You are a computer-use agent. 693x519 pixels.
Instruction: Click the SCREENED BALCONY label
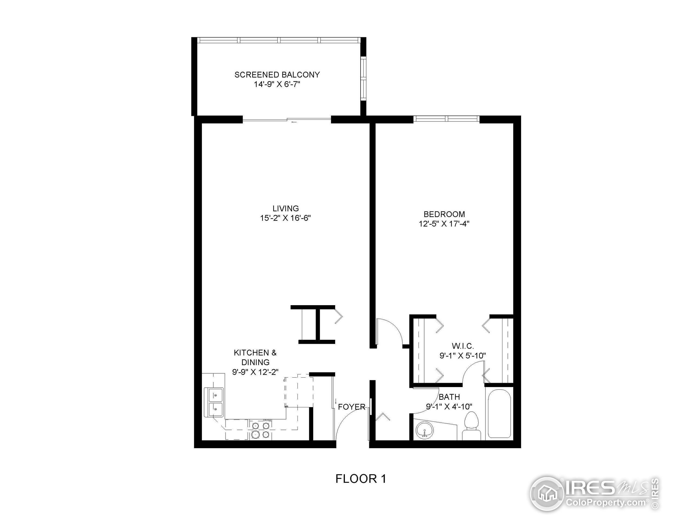point(277,75)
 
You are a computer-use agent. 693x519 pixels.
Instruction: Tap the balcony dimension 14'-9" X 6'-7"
point(277,84)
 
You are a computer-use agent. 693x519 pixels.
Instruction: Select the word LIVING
point(285,208)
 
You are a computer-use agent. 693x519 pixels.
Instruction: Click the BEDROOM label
point(444,214)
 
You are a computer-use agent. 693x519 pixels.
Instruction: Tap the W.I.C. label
point(462,346)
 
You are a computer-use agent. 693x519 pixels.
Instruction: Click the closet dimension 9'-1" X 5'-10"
point(462,356)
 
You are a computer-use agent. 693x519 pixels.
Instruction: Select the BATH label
point(449,397)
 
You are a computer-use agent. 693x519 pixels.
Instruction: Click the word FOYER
point(352,407)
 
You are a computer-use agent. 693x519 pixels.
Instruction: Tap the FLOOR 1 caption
point(361,479)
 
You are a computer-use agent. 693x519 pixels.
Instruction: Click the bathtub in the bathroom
point(499,414)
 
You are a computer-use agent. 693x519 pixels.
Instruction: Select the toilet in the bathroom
point(472,425)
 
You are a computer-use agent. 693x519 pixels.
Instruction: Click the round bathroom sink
point(424,430)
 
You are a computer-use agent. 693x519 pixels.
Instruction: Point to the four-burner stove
point(261,430)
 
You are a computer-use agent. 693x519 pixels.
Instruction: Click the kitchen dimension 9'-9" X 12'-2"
point(255,372)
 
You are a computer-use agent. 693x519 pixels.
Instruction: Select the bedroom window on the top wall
point(446,119)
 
